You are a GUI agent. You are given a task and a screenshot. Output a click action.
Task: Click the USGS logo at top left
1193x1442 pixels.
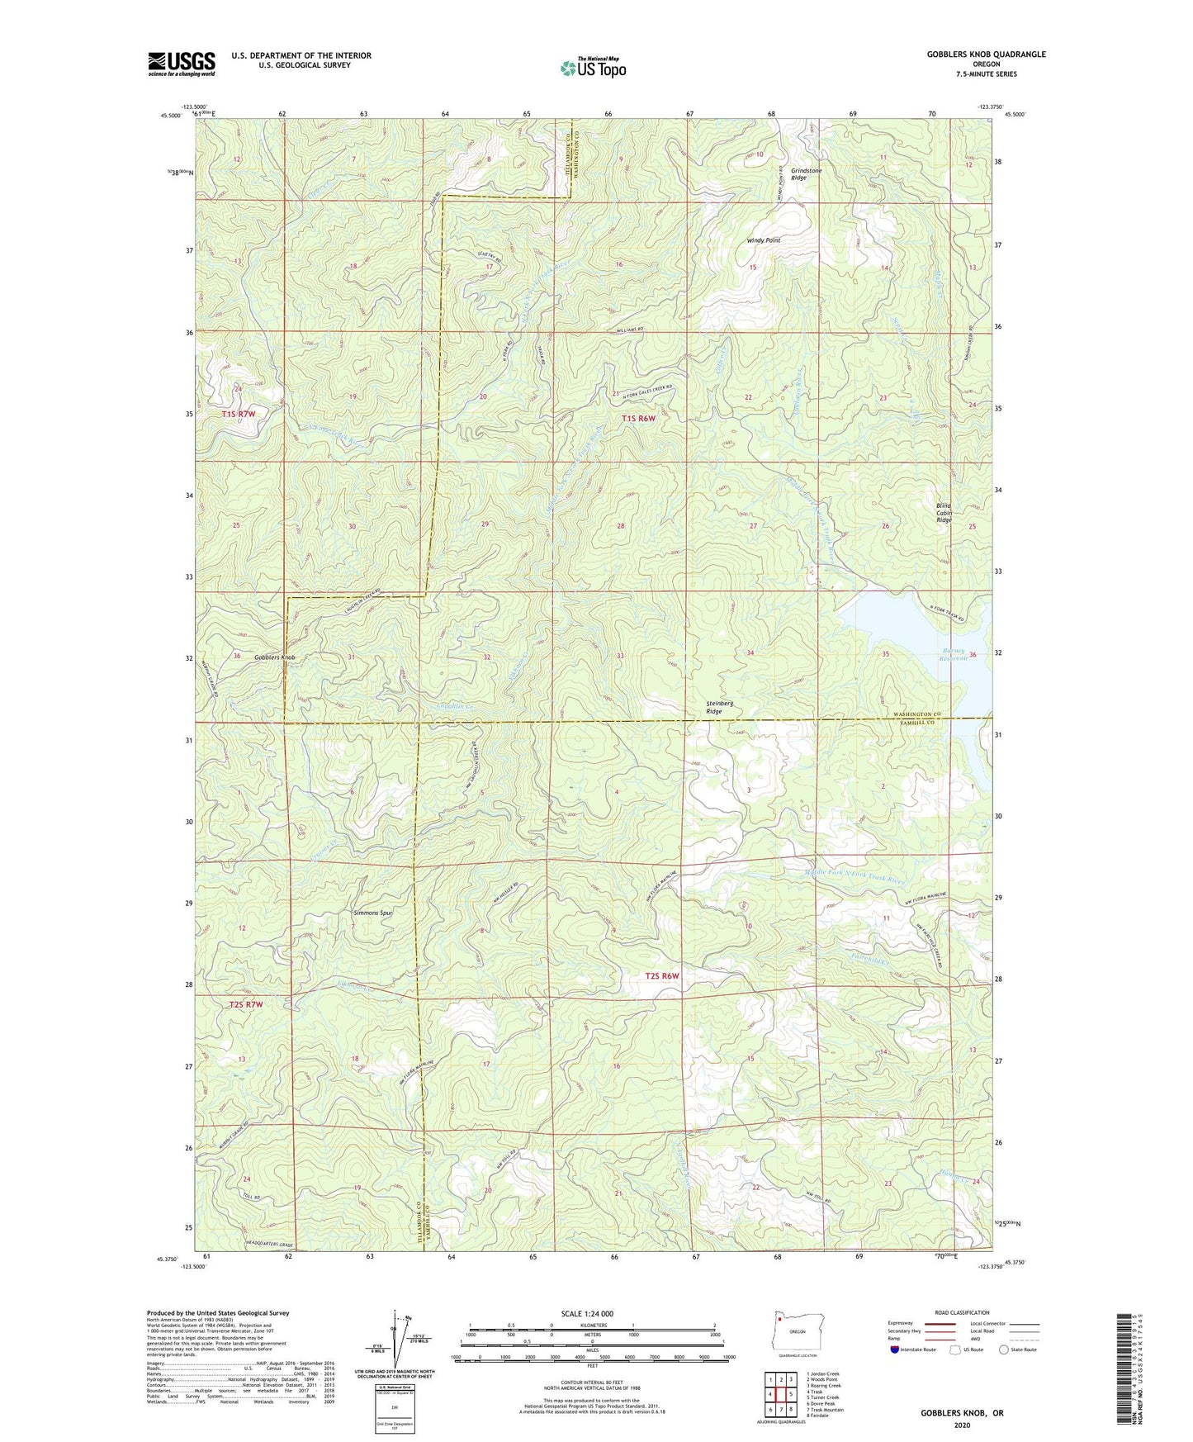point(182,64)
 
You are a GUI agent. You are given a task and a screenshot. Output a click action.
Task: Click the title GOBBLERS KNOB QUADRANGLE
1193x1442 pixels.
point(986,55)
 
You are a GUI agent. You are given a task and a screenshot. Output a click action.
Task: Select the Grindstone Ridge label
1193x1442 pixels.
point(806,174)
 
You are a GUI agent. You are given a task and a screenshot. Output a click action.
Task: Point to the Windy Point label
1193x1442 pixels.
point(763,240)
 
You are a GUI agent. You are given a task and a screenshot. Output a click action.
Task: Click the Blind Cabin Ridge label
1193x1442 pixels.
point(944,513)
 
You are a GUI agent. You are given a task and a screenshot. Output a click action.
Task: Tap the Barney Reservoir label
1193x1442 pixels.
point(957,655)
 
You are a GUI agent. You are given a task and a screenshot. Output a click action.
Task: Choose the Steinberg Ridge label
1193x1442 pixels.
point(719,708)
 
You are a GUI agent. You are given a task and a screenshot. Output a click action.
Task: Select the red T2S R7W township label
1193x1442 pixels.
point(245,1004)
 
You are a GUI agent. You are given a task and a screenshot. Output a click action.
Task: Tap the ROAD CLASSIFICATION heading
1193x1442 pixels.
point(963,1312)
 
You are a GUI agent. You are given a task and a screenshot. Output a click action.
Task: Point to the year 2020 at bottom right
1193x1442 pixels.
point(962,1425)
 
